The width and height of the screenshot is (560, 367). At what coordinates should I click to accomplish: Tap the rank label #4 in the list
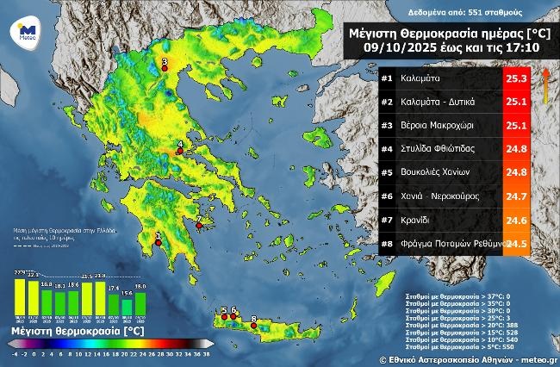(387, 149)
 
